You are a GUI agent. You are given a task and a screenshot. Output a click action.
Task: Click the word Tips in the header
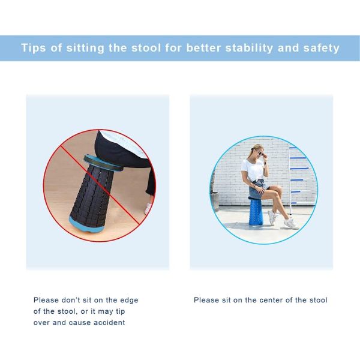35,48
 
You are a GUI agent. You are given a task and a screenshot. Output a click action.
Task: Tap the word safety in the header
318,48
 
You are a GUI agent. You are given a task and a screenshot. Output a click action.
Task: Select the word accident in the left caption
108,322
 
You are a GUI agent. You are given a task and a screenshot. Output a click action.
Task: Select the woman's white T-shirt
252,171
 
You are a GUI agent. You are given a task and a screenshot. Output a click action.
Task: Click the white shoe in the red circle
148,208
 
